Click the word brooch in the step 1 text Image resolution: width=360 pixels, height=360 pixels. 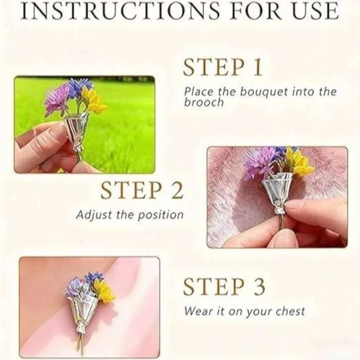204,102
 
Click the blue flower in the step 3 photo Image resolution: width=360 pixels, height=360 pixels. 94,277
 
